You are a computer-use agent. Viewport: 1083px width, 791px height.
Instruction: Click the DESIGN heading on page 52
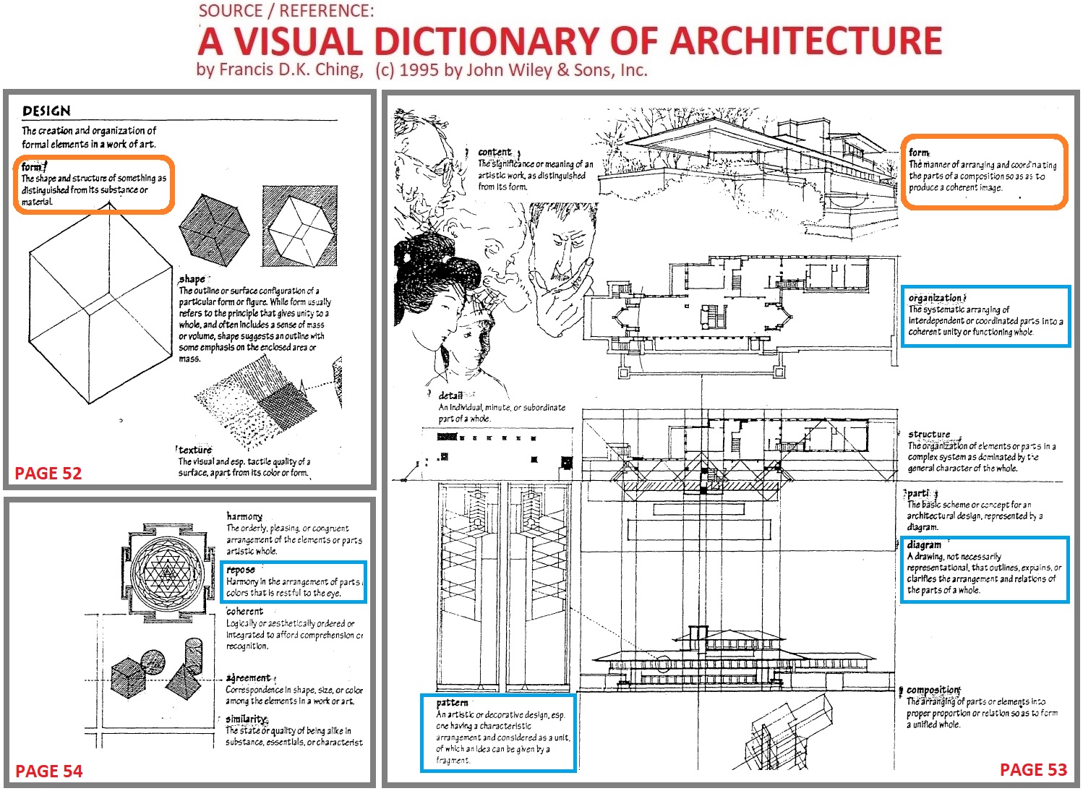click(46, 111)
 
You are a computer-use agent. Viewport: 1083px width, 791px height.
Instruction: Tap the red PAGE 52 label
click(48, 474)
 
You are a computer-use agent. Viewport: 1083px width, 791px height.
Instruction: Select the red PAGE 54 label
click(48, 771)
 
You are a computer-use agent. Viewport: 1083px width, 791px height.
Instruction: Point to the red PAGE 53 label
click(1033, 770)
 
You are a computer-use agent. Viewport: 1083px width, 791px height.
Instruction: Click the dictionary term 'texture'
click(195, 450)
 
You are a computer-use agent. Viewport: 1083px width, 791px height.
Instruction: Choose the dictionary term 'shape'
click(192, 279)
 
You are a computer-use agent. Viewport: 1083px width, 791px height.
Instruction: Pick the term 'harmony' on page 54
click(244, 516)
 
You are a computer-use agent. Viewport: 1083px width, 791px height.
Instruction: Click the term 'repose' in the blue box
click(241, 570)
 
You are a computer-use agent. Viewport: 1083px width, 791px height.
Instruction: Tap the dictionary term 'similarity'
click(247, 719)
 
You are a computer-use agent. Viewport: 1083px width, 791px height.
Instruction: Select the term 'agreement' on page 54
click(249, 678)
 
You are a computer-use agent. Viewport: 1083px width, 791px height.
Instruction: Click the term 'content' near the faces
click(495, 153)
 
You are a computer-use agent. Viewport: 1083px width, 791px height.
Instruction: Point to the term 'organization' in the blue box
click(936, 298)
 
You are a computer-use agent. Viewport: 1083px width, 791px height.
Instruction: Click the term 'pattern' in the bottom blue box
click(453, 703)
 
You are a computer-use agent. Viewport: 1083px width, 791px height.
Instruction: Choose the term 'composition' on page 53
click(933, 690)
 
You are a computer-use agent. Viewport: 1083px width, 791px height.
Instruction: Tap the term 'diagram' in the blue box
click(924, 545)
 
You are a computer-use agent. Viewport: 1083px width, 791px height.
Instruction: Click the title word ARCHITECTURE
click(805, 41)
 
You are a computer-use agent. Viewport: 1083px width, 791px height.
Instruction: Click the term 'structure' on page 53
click(929, 435)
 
